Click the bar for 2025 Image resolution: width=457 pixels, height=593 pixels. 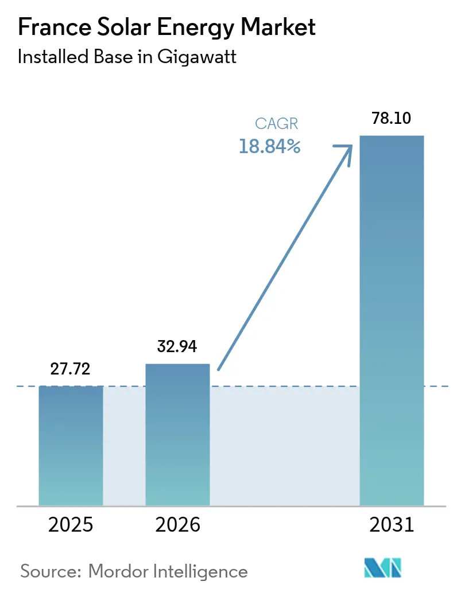click(71, 445)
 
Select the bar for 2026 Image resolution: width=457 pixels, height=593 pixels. click(177, 434)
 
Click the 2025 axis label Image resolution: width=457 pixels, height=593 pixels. click(71, 524)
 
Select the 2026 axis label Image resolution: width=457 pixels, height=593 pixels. click(177, 524)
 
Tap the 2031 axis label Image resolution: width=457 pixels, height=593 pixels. click(392, 524)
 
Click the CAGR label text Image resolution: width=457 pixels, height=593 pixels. click(277, 124)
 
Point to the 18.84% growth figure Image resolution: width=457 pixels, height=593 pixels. click(270, 147)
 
